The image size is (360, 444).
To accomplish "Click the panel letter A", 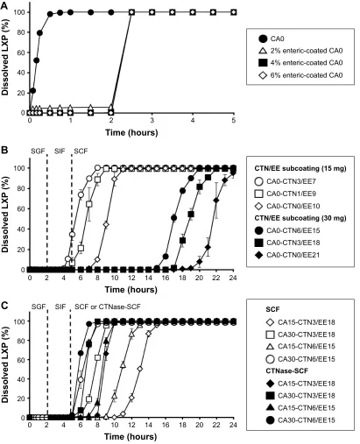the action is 4,6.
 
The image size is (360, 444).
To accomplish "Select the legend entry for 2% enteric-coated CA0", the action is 300,51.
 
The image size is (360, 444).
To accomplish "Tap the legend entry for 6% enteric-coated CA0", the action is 300,75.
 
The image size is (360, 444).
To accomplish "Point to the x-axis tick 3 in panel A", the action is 152,120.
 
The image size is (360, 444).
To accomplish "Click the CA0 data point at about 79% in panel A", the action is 39,33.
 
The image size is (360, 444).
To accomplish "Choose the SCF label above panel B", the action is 81,152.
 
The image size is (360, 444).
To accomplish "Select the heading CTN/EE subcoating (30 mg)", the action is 300,218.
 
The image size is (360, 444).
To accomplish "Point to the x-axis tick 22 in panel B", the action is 216,277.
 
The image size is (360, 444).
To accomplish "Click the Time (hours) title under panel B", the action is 131,290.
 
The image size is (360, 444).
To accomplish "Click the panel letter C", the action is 4,306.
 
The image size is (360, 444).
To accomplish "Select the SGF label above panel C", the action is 39,307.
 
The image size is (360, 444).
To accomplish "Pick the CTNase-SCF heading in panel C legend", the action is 287,371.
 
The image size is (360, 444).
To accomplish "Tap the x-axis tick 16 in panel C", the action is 166,425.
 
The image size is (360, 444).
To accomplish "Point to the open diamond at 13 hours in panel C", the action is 140,369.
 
